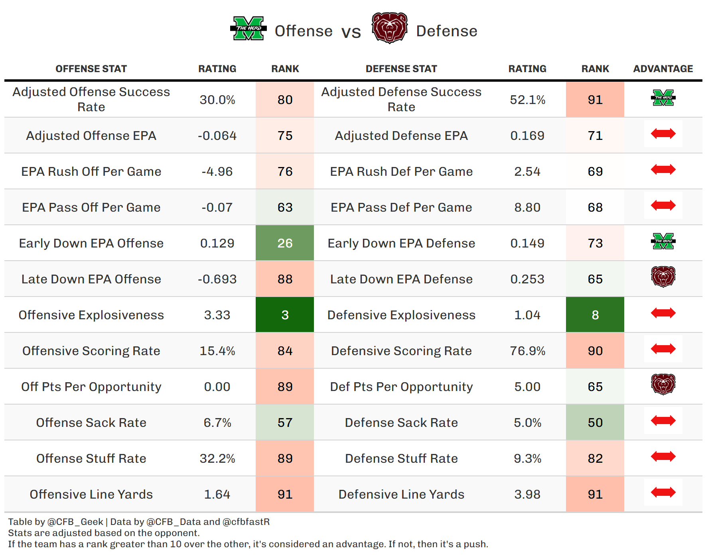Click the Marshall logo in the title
[248, 28]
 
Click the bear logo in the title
[389, 28]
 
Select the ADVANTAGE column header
[663, 69]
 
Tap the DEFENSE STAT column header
[401, 69]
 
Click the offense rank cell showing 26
[285, 243]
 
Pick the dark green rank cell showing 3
[285, 315]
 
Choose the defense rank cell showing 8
[595, 315]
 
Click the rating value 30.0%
[217, 100]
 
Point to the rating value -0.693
[217, 279]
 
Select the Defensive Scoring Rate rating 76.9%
[527, 351]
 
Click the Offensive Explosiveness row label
[91, 315]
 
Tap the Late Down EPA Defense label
[401, 279]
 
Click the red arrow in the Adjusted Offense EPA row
[663, 134]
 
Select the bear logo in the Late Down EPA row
[663, 277]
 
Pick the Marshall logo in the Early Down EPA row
[663, 241]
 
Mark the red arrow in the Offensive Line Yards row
[663, 492]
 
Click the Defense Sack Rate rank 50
[595, 422]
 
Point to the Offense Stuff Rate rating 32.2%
[217, 458]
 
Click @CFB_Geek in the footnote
[75, 522]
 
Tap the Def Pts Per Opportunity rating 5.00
[527, 387]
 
